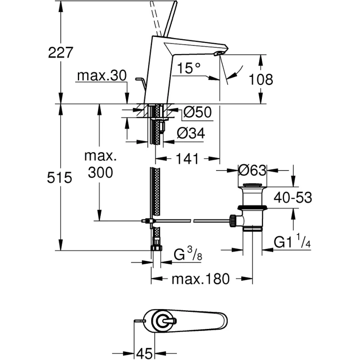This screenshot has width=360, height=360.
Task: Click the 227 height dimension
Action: pos(60,53)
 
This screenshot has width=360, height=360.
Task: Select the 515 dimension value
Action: pos(59,177)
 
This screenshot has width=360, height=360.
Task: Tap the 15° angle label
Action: pos(189,68)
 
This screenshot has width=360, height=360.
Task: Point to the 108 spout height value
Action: pos(261,80)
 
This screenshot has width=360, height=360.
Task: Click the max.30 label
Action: pos(102,75)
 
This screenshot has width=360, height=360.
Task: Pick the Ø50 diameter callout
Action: pos(198,112)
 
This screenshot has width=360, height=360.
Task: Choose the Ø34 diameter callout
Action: pos(191,133)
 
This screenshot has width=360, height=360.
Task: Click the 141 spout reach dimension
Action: pos(187,159)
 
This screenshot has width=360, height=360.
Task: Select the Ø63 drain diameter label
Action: pos(252,171)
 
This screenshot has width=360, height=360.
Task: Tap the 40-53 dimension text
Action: pos(293,198)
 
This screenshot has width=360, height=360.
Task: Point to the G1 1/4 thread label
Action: pos(292,241)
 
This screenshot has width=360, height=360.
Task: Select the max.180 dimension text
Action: pos(201,279)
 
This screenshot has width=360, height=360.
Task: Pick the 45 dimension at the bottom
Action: pos(144,353)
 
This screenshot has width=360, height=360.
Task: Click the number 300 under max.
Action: pos(100,172)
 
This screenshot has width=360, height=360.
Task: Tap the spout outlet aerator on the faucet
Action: pos(218,53)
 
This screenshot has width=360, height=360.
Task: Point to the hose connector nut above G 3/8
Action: pos(156,248)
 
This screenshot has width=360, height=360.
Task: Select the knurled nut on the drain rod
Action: pos(233,220)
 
